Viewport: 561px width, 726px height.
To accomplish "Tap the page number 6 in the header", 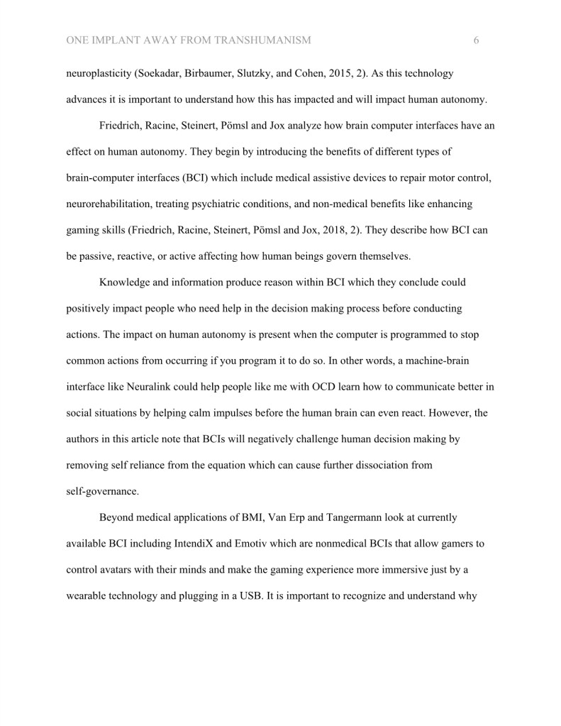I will point(476,40).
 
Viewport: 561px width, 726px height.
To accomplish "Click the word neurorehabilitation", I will point(109,204).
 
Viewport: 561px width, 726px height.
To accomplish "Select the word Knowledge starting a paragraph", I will point(127,282).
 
